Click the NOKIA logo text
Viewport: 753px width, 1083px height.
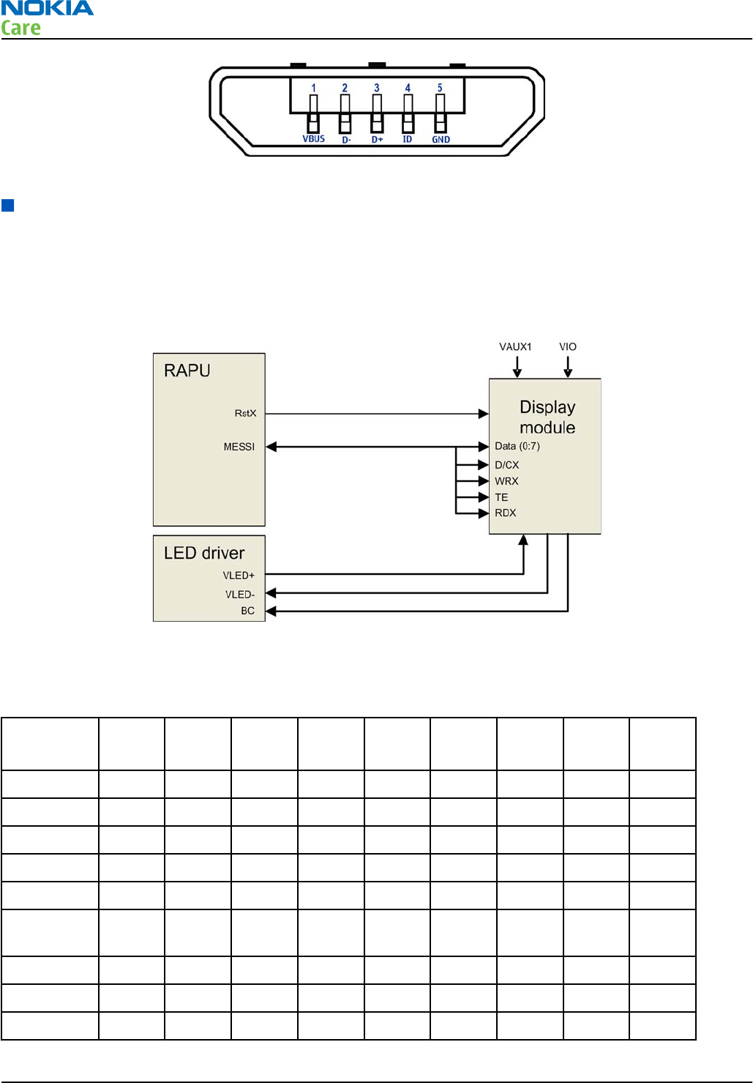tap(48, 9)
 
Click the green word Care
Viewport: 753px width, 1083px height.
tap(20, 29)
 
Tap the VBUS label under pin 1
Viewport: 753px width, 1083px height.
tap(313, 139)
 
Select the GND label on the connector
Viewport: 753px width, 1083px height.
tap(441, 140)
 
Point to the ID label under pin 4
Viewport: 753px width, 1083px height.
tap(408, 139)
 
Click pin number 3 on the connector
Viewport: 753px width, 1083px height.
tap(377, 88)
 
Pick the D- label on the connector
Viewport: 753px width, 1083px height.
tap(346, 140)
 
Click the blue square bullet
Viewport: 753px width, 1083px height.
tap(8, 205)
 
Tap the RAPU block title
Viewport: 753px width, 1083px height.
tap(187, 371)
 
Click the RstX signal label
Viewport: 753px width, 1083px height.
tap(245, 414)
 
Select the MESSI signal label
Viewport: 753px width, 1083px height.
tap(239, 447)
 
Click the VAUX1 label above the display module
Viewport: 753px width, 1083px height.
tap(515, 347)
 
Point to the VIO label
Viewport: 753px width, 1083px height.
tap(568, 347)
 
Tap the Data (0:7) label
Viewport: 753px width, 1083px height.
tap(517, 446)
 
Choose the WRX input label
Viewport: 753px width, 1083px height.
tap(506, 481)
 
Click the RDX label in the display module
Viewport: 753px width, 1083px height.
tap(506, 513)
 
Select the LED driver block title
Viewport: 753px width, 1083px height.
tap(204, 553)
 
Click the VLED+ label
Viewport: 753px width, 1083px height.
tap(239, 576)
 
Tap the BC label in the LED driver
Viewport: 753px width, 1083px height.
tap(248, 611)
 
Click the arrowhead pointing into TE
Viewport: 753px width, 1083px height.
tap(483, 497)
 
